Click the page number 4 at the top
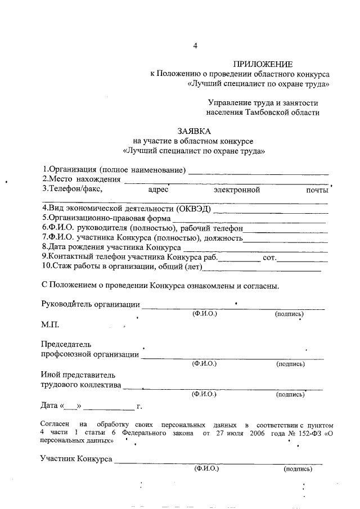point(195,46)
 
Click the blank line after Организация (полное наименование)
point(258,173)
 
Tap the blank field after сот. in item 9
point(303,259)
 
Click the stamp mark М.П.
point(50,325)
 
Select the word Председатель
point(66,344)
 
